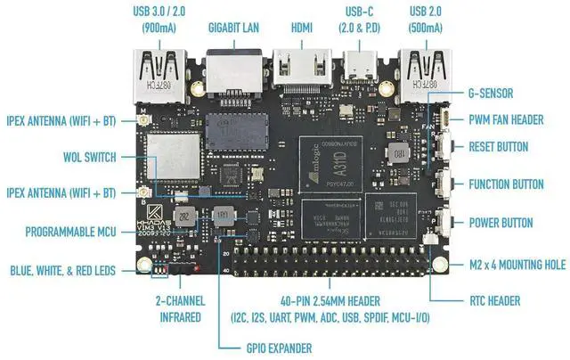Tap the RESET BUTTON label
click(510, 147)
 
